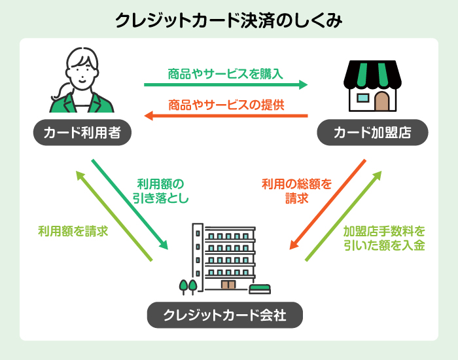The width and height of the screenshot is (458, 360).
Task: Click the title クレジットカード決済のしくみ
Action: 228,20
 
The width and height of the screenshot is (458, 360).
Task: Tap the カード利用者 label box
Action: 82,134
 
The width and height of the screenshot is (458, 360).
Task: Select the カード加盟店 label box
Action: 372,134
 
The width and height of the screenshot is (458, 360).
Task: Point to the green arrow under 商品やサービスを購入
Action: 225,84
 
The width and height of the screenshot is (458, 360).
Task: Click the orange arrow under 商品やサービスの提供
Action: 225,116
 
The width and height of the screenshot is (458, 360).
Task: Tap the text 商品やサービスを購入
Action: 225,73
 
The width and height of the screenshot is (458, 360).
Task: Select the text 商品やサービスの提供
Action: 225,103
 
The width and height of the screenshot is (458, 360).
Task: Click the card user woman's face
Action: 82,71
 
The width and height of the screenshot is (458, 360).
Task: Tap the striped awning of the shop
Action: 373,75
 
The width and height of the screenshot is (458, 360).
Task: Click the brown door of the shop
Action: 383,101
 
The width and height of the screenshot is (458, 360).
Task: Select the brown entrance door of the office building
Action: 228,285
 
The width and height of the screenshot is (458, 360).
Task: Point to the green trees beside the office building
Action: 188,285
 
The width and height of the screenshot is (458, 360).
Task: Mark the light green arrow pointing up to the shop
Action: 344,216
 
